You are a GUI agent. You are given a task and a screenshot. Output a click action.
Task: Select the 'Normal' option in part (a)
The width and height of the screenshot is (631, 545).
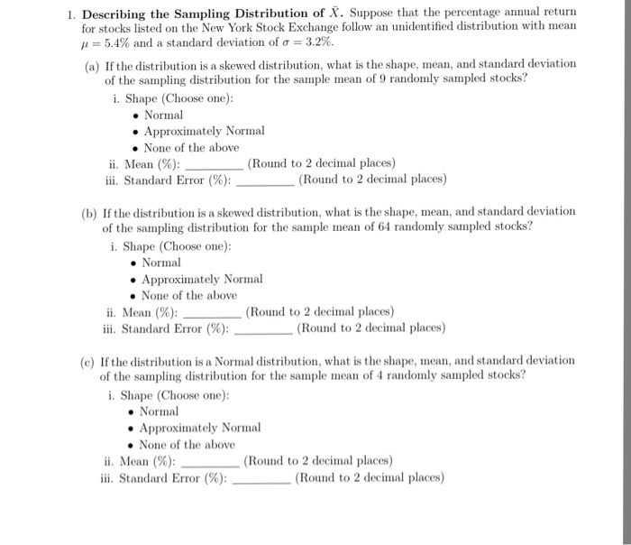(x=163, y=115)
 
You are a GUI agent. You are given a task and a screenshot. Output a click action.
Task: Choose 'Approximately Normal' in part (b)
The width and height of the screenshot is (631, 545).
(x=202, y=279)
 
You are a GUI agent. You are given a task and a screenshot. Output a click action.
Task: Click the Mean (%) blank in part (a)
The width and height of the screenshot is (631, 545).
(x=214, y=164)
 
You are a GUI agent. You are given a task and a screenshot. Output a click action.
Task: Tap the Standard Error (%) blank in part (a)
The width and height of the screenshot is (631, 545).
(x=264, y=180)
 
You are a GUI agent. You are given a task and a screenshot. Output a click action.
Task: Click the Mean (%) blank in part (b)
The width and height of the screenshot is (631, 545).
(x=212, y=312)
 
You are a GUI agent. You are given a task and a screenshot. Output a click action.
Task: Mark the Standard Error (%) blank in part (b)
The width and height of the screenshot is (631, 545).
(x=262, y=328)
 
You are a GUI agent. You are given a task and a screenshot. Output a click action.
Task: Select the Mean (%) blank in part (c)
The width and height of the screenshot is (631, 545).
(x=210, y=461)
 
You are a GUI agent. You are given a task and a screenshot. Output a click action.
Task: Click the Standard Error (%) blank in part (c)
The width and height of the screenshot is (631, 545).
(x=261, y=477)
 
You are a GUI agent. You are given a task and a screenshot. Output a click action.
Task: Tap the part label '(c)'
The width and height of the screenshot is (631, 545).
(x=87, y=360)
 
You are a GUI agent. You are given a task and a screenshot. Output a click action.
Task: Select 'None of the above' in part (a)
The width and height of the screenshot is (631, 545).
(x=191, y=147)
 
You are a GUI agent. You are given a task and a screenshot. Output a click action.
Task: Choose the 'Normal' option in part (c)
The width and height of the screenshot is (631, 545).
(x=159, y=411)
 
